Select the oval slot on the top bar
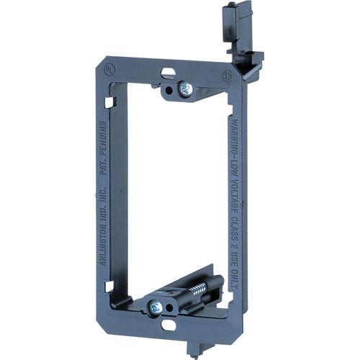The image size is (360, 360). tap(167, 73)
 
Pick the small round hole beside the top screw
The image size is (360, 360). tap(168, 90)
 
